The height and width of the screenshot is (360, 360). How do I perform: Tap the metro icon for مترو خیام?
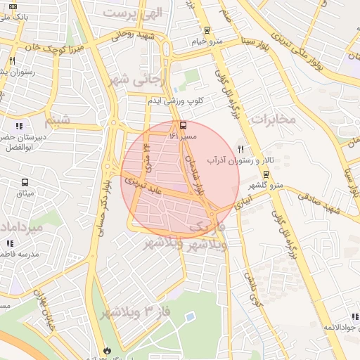(x=206, y=30)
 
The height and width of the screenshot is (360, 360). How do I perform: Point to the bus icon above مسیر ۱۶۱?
(x=184, y=125)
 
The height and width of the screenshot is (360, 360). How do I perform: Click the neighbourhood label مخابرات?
(x=271, y=120)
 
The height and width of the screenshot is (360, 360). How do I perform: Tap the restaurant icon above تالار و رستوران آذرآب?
(x=240, y=149)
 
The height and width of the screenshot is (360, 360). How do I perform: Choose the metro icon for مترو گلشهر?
(x=266, y=174)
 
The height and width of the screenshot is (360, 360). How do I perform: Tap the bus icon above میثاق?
(x=25, y=183)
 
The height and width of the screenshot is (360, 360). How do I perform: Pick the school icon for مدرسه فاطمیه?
(x=10, y=243)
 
